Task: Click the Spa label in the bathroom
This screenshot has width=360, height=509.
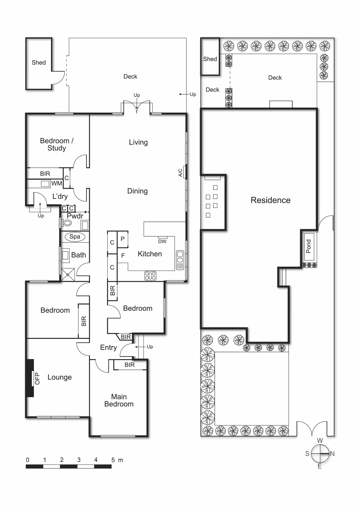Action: [75, 236]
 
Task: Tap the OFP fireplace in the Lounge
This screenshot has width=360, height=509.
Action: [30, 378]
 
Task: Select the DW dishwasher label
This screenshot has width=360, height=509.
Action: [162, 241]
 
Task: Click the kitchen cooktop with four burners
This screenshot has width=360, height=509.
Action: [150, 276]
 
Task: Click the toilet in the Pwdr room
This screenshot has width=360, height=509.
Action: [67, 223]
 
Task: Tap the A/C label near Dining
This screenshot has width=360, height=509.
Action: [180, 173]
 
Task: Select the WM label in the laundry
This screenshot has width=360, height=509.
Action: [57, 183]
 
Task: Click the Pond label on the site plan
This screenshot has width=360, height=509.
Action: [309, 246]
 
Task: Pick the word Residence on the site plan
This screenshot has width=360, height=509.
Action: [271, 200]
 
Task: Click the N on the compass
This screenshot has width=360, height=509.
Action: [332, 454]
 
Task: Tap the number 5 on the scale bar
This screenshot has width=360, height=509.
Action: [113, 460]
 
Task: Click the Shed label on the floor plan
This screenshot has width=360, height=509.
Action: [39, 62]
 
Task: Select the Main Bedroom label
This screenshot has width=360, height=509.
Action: [119, 400]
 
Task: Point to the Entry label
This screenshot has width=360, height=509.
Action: [109, 347]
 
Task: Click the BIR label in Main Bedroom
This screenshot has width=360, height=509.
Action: [129, 365]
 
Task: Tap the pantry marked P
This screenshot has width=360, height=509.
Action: [123, 239]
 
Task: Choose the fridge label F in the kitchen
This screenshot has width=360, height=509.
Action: [123, 256]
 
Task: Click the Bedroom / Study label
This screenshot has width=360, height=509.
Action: [57, 144]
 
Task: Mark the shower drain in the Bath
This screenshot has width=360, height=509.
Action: [68, 275]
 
